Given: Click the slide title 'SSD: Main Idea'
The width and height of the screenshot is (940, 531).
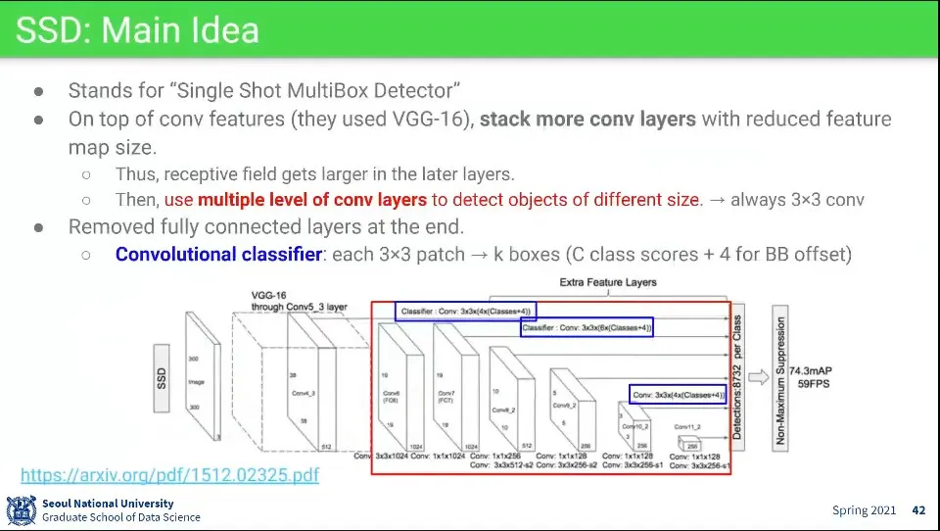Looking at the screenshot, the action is point(137,30).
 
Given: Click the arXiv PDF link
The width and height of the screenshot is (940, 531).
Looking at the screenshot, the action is point(169,475).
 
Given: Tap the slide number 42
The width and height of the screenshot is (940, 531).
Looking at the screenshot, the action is point(917,510).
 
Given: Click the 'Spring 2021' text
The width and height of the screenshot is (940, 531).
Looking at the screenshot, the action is point(864,510).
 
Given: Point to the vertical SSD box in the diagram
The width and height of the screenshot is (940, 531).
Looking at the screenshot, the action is point(163,376).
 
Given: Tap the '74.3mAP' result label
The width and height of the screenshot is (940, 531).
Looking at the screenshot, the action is point(813,372).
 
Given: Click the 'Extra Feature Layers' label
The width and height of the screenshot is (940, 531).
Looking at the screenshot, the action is point(608,282).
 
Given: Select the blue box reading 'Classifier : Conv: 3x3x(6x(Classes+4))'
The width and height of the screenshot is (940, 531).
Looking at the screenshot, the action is point(587,327).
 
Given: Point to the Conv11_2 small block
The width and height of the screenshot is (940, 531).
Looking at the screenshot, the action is point(689,444).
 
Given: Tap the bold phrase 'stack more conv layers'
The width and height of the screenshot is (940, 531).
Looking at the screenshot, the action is point(587,120).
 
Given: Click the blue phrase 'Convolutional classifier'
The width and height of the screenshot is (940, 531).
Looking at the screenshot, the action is point(218,255).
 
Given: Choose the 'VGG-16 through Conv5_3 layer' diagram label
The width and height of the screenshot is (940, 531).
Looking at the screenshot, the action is point(299,300).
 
